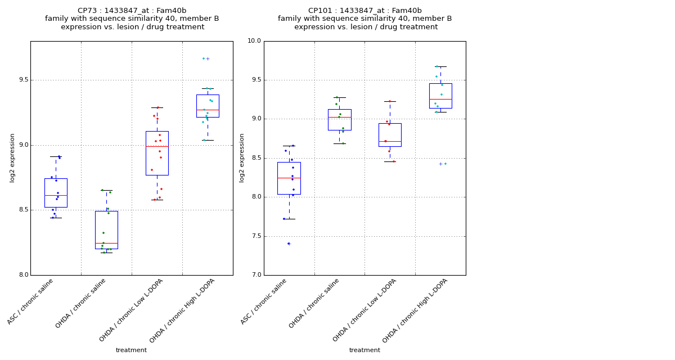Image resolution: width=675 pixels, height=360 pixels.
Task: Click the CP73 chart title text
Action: (132, 19)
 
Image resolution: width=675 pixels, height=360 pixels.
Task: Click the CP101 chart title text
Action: (365, 19)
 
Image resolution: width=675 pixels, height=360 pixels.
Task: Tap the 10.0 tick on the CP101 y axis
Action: (254, 41)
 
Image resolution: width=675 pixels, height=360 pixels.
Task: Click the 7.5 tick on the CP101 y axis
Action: (255, 236)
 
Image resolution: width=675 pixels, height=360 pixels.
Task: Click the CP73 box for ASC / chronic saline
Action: (56, 193)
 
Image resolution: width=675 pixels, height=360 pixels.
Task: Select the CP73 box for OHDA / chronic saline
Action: (106, 230)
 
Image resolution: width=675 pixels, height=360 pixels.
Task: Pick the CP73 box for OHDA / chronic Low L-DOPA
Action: (157, 153)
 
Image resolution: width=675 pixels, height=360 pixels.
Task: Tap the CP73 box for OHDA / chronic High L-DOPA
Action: (208, 106)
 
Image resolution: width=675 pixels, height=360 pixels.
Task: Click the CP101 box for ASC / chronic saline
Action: (289, 178)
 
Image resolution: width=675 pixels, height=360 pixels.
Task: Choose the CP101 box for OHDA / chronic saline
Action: (339, 120)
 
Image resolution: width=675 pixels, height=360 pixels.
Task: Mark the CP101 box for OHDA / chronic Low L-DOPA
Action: (390, 135)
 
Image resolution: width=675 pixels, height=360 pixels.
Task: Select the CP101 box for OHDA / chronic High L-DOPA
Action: (440, 96)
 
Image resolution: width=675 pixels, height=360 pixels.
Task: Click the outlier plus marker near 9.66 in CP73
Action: (208, 58)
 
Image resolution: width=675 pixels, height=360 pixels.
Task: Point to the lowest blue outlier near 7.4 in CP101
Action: (289, 244)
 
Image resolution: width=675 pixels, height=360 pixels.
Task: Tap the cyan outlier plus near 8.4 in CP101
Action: (440, 164)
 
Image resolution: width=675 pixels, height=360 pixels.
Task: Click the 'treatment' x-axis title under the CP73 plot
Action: (131, 350)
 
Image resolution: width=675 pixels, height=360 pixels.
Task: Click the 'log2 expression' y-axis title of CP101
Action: (242, 158)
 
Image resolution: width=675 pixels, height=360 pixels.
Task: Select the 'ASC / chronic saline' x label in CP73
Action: (31, 301)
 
